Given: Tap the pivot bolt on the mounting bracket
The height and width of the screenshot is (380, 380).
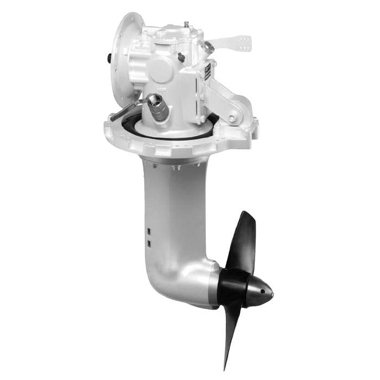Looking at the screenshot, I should point(232,117).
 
